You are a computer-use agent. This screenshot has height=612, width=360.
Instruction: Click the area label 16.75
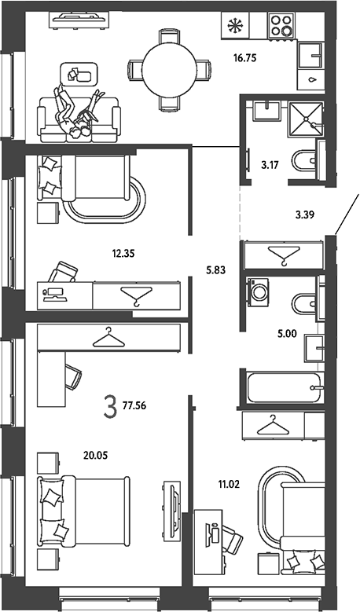pyautogui.click(x=244, y=59)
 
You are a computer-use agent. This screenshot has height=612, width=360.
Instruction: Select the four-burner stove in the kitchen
pyautogui.click(x=281, y=25)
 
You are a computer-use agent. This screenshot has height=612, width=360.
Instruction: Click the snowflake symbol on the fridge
pyautogui.click(x=235, y=26)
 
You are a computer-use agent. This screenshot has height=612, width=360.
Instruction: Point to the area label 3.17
pyautogui.click(x=270, y=165)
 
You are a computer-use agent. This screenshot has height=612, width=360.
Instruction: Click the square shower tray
pyautogui.click(x=306, y=119)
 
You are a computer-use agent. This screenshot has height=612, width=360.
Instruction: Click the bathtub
pyautogui.click(x=283, y=387)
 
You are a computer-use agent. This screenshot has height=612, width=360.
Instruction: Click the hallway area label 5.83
pyautogui.click(x=216, y=269)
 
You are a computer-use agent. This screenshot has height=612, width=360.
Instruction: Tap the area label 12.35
pyautogui.click(x=123, y=254)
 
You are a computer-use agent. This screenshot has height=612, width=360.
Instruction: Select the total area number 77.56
pyautogui.click(x=134, y=406)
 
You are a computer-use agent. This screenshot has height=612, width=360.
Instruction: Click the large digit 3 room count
pyautogui.click(x=111, y=406)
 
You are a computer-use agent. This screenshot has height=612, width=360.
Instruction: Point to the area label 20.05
pyautogui.click(x=96, y=455)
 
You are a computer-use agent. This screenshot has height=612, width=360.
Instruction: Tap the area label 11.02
pyautogui.click(x=229, y=486)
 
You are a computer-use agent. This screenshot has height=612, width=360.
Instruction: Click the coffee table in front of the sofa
pyautogui.click(x=78, y=73)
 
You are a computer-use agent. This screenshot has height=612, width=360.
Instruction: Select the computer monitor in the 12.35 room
pyautogui.click(x=56, y=293)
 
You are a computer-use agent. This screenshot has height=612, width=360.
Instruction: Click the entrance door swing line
pyautogui.click(x=347, y=214)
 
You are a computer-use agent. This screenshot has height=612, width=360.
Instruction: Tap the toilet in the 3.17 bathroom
pyautogui.click(x=305, y=161)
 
